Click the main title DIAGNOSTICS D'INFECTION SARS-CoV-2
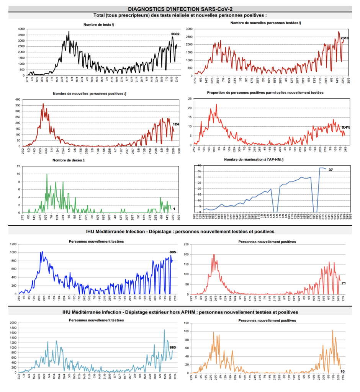coord(180,9)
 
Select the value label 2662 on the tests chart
coord(175,34)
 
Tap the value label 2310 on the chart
coord(346,38)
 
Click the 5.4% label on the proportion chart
coord(346,127)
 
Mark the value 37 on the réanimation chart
coord(331,170)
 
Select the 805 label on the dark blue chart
coord(175,252)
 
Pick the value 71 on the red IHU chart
coord(344,283)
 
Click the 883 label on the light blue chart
coord(172,348)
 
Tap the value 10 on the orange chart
coord(343,371)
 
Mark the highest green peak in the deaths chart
coord(47,174)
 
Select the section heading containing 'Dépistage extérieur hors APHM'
coord(180,312)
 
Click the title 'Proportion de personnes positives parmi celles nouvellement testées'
coord(265,93)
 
